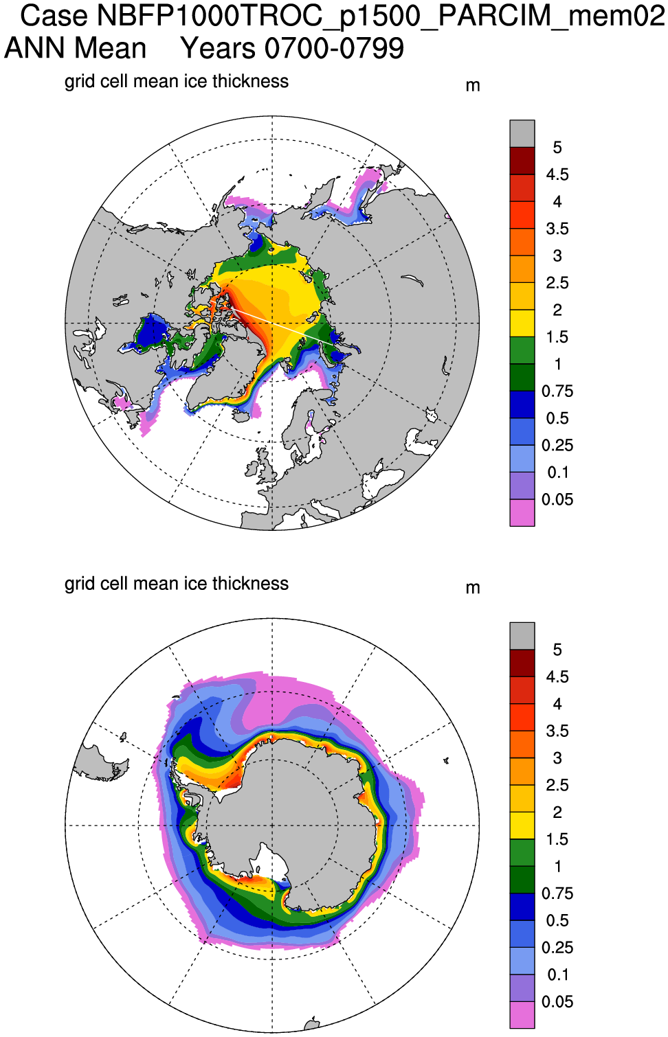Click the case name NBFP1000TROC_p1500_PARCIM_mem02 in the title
pos(381,16)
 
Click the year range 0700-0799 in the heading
pos(334,49)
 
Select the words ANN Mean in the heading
pos(76,49)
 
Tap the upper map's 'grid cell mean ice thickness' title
pos(177,81)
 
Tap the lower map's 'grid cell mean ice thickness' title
pos(177,583)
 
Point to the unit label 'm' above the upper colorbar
pos(473,86)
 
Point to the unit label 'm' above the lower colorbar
pos(473,588)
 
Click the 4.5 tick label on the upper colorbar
pos(557,174)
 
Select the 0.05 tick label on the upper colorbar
pos(557,499)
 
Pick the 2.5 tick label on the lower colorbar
pos(557,785)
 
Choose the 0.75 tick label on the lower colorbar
pos(557,893)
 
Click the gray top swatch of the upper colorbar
pos(522,134)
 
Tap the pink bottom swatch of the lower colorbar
pos(522,1014)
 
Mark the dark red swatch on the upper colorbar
pos(522,161)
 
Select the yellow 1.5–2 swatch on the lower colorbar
pos(522,825)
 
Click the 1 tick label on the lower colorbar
pos(557,866)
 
